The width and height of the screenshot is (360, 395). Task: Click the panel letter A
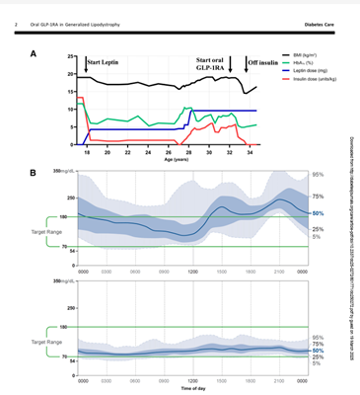35,52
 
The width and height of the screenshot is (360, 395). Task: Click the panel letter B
35,174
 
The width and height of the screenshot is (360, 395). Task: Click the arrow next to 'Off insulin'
246,64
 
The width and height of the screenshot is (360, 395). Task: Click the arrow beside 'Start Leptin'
84,66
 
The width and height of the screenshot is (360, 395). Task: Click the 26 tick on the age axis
168,153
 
